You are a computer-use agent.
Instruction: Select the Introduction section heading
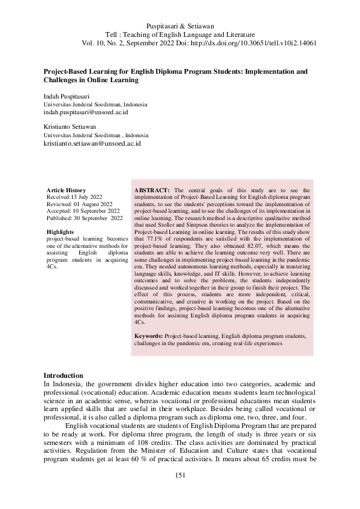[x=64, y=375]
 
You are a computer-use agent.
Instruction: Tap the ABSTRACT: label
[x=152, y=190]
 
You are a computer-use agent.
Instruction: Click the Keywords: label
[x=148, y=335]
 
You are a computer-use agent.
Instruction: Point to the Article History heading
[x=66, y=190]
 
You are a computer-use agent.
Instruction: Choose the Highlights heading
[x=61, y=232]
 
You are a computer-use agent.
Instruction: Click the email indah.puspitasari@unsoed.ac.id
[x=85, y=112]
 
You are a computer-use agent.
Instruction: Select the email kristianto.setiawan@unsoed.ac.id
[x=92, y=144]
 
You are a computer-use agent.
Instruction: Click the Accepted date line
[x=82, y=211]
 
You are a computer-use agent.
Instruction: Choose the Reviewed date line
[x=79, y=204]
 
